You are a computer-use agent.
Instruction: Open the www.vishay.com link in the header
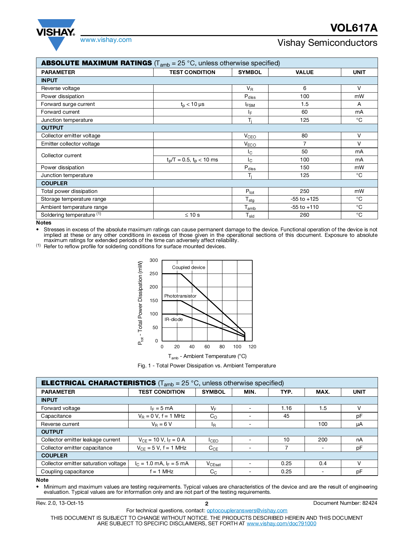tap(106, 40)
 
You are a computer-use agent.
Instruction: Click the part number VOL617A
tap(354, 28)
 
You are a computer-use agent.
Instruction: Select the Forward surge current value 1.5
tap(304, 104)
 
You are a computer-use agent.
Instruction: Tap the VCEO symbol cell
tap(250, 136)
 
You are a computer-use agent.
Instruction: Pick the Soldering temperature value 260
tap(304, 215)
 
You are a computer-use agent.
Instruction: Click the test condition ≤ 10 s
tap(192, 215)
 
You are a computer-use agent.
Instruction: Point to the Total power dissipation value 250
tap(304, 191)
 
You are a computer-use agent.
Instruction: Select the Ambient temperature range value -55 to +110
tap(304, 207)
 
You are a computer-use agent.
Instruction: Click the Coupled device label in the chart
tap(188, 267)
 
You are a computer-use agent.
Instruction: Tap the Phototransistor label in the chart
tap(180, 296)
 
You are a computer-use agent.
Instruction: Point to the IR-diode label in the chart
tap(173, 319)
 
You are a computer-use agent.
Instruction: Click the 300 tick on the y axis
tap(154, 260)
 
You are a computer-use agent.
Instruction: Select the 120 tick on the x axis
tap(252, 347)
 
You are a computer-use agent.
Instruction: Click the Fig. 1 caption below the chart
tap(207, 365)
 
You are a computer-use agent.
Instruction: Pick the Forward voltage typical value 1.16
tap(286, 408)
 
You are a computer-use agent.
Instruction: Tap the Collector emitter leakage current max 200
tap(322, 440)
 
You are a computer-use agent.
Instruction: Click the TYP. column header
tap(286, 392)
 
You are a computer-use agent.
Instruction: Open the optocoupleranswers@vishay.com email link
tap(247, 511)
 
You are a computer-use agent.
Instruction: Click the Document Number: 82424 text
tap(345, 503)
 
